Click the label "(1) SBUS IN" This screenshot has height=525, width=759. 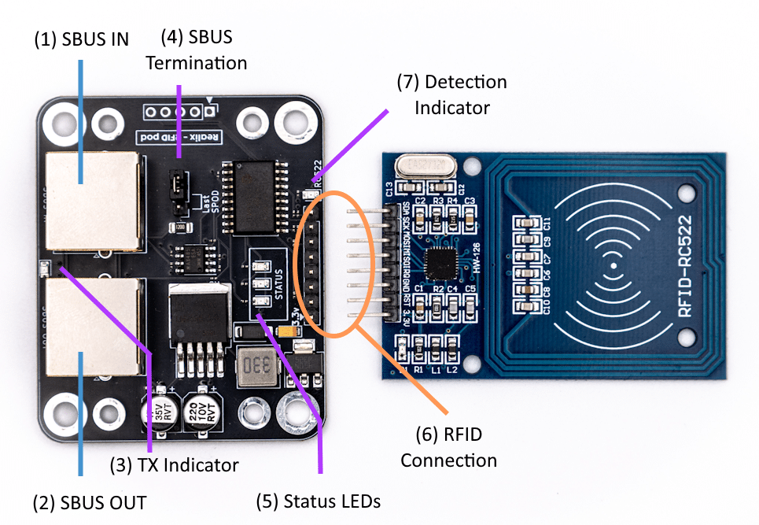tap(81, 39)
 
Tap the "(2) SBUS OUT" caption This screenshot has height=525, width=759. tap(89, 502)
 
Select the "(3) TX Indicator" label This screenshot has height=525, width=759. tap(174, 465)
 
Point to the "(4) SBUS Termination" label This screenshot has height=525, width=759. tap(196, 50)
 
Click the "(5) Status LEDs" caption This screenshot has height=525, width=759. tap(319, 501)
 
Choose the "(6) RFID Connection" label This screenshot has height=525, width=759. tap(448, 447)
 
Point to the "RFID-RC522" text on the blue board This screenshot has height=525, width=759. tap(685, 266)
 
